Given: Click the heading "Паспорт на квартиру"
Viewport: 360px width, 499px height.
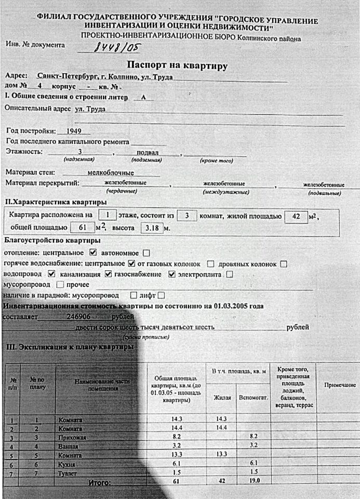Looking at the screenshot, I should coord(177,66).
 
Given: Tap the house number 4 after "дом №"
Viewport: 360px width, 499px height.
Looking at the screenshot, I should coord(39,86).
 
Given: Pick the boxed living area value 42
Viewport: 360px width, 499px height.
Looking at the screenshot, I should coord(296,215).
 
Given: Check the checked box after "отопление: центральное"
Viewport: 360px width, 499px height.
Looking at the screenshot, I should coord(94,253).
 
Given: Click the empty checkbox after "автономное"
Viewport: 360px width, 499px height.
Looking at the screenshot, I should coord(146,253).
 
